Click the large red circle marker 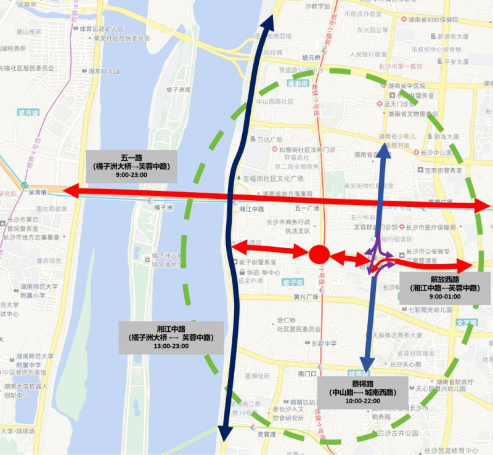click(318, 253)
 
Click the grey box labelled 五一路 click(131, 166)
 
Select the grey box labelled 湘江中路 click(164, 337)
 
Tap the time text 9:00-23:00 click(131, 174)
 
